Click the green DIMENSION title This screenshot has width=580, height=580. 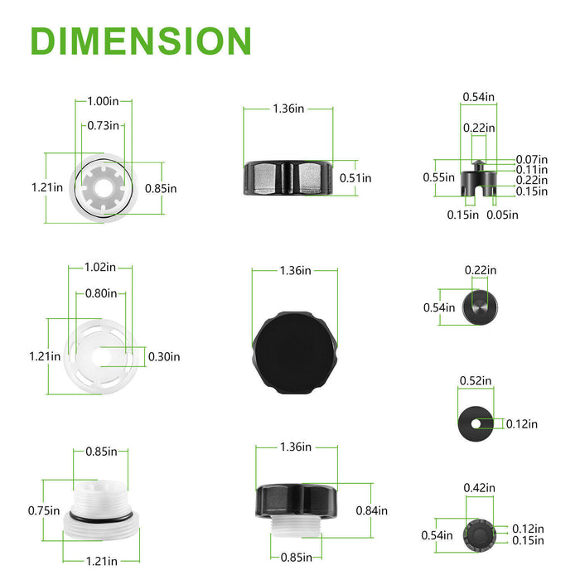pyautogui.click(x=141, y=41)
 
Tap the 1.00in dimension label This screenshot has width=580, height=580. pyautogui.click(x=104, y=101)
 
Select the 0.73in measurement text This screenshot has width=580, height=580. pyautogui.click(x=104, y=126)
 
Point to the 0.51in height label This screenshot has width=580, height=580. pyautogui.click(x=355, y=178)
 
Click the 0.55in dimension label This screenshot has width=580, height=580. pyautogui.click(x=438, y=177)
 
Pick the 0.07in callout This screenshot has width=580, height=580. pyautogui.click(x=532, y=159)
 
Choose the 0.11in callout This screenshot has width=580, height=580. pyautogui.click(x=532, y=170)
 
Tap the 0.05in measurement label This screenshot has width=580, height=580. pyautogui.click(x=502, y=215)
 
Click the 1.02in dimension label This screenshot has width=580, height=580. pyautogui.click(x=100, y=267)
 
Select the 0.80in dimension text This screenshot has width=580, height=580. pyautogui.click(x=101, y=293)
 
